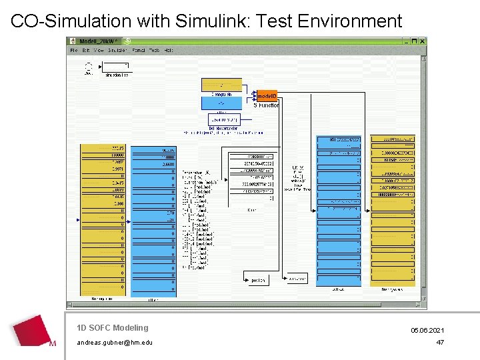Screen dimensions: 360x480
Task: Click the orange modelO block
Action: pos(267,96)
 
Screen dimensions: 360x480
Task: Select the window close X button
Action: pos(422,41)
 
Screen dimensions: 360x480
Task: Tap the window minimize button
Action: pos(406,41)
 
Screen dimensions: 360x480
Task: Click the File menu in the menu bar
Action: pos(74,50)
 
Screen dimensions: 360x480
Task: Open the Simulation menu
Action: pos(117,50)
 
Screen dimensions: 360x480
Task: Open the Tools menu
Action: pos(153,50)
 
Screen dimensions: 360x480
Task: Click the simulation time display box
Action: pos(117,66)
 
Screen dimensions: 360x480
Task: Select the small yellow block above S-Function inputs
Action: pos(221,85)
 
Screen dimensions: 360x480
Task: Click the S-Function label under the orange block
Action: pos(266,105)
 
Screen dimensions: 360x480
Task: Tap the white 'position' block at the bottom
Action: pos(257,279)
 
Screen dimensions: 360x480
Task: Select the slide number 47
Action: pos(440,343)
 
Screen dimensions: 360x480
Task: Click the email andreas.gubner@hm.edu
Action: pos(114,343)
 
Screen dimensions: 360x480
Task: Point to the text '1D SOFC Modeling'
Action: pos(112,328)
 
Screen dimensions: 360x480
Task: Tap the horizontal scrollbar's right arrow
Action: pos(418,305)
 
